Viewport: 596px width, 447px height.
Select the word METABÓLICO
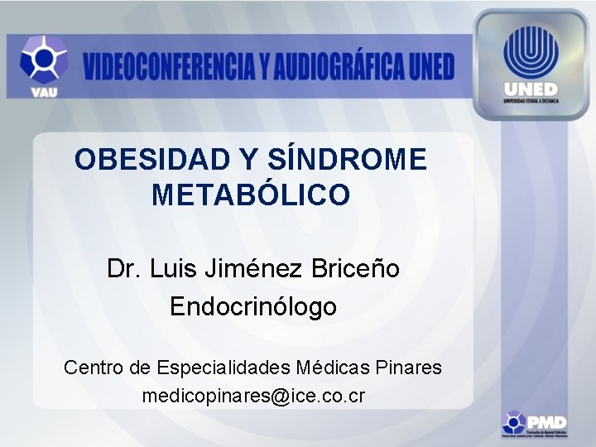click(251, 195)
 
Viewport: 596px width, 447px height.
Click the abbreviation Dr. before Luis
click(124, 269)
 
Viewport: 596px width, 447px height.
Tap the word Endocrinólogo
click(253, 307)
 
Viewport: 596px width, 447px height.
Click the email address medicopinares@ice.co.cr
click(253, 396)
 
